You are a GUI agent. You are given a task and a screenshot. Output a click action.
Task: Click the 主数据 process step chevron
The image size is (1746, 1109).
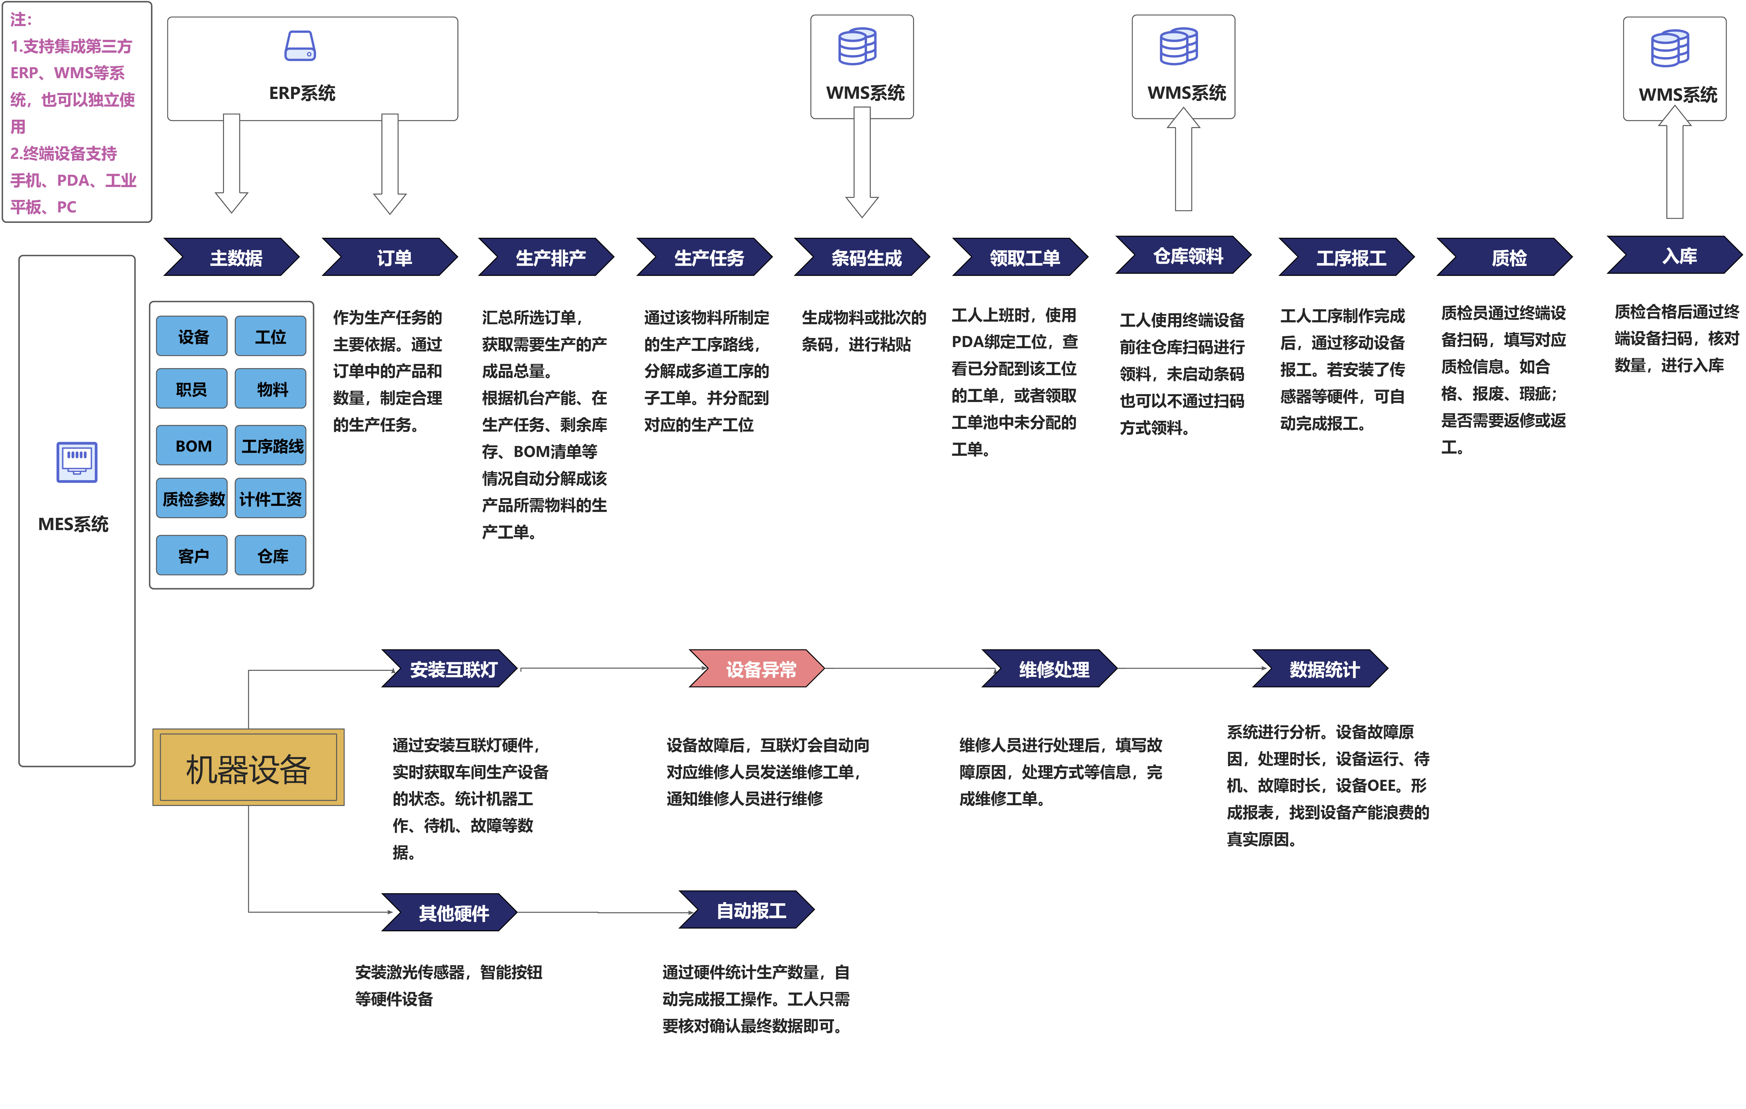pos(234,258)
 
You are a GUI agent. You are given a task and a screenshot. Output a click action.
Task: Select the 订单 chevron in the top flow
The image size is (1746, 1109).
pos(392,258)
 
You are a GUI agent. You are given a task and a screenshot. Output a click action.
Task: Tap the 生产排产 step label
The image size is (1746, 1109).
pos(550,258)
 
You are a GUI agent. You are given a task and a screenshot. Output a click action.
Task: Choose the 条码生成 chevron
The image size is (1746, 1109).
pos(864,258)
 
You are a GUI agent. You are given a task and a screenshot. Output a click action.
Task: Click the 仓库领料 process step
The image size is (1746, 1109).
pos(1186,255)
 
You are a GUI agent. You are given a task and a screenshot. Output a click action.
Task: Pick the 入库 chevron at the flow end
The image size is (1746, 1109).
pos(1677,255)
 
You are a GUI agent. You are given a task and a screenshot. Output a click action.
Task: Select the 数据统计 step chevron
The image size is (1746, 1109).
pos(1322,669)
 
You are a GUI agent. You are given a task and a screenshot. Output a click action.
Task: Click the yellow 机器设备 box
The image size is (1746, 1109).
pos(248,767)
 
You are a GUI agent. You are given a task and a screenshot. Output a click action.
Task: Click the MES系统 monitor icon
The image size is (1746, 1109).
pos(77,461)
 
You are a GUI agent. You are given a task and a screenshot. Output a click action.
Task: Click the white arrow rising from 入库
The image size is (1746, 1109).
pos(1675,163)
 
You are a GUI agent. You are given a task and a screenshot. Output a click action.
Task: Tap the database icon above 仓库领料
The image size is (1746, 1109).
pos(1179,46)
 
